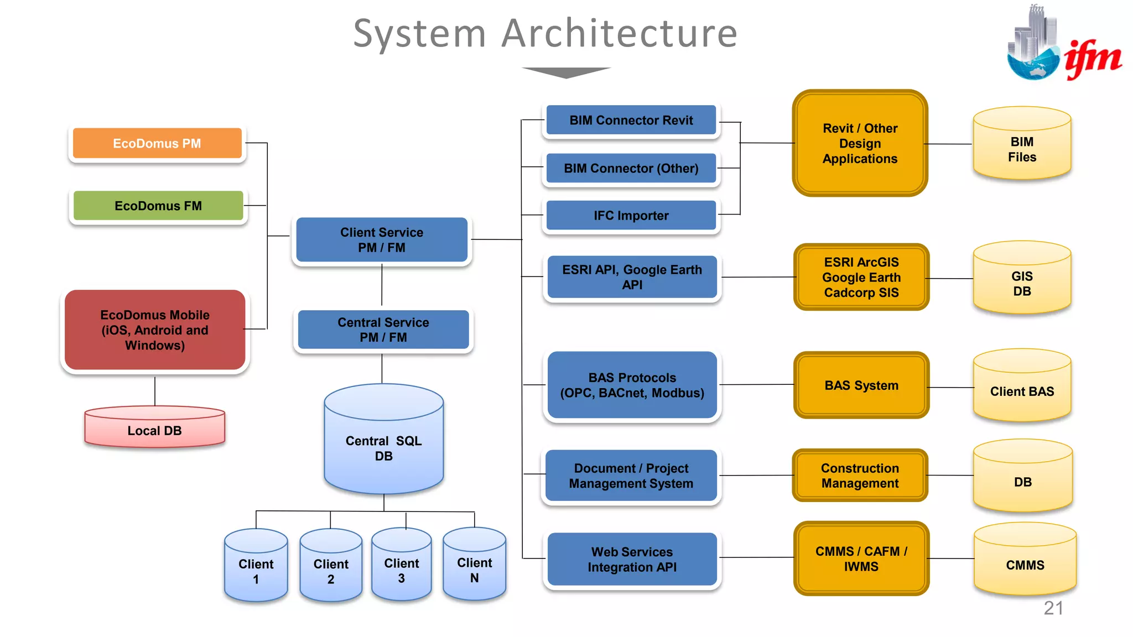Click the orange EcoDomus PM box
[x=157, y=144]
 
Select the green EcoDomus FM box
[x=158, y=206]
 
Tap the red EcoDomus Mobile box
[x=155, y=330]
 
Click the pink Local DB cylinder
[x=155, y=430]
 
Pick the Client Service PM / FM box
[x=382, y=240]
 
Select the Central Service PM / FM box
[x=383, y=330]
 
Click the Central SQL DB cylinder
[x=383, y=442]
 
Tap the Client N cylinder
[x=474, y=567]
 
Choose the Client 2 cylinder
[x=331, y=568]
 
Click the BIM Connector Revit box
[x=631, y=120]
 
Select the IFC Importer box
[x=631, y=216]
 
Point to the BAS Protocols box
[x=632, y=385]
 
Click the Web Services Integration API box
[x=632, y=559]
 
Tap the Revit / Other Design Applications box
[x=860, y=143]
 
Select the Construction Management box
[x=860, y=476]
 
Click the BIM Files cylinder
[x=1022, y=147]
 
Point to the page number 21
[x=1053, y=608]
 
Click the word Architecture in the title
[x=620, y=33]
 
